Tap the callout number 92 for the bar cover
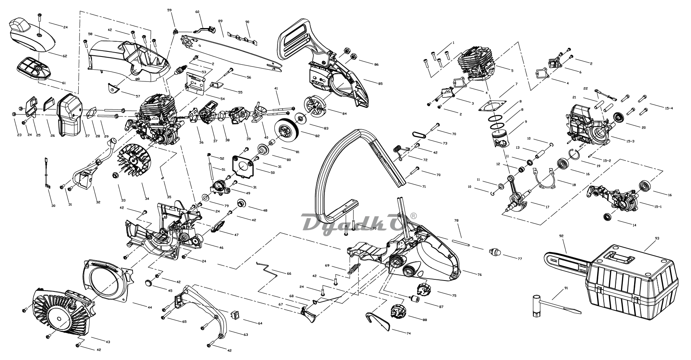[561, 236]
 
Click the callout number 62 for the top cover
[65, 56]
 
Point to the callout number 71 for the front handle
[424, 187]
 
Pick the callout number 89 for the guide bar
[220, 21]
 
